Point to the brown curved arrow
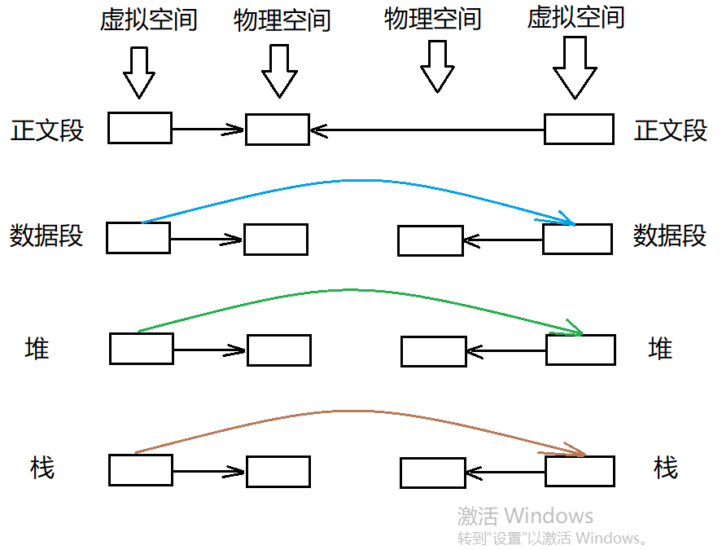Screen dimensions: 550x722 click(x=350, y=411)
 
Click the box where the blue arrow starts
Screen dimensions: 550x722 click(x=138, y=238)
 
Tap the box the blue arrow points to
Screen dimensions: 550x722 click(x=577, y=239)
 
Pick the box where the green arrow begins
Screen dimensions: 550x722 click(x=142, y=349)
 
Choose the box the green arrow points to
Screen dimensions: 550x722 click(x=580, y=350)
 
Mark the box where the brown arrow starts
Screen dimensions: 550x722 click(x=141, y=470)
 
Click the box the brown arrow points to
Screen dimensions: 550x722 click(x=580, y=471)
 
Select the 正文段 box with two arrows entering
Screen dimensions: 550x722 click(x=278, y=130)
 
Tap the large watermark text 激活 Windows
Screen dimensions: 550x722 click(x=525, y=515)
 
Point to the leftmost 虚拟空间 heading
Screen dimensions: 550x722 click(x=149, y=20)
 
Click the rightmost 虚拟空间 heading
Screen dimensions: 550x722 click(x=576, y=17)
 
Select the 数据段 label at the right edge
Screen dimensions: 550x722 click(x=670, y=236)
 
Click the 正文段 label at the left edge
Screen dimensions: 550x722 click(x=47, y=130)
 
